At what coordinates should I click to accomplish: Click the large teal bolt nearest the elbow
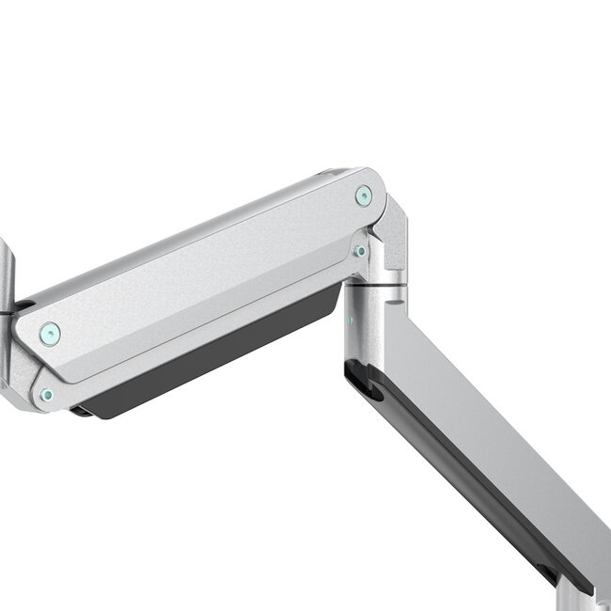363,196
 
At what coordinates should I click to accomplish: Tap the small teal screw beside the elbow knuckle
359,251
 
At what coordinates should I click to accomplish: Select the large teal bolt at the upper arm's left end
50,332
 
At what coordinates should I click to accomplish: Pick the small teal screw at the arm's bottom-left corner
46,395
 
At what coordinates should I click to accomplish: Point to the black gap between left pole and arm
21,307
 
